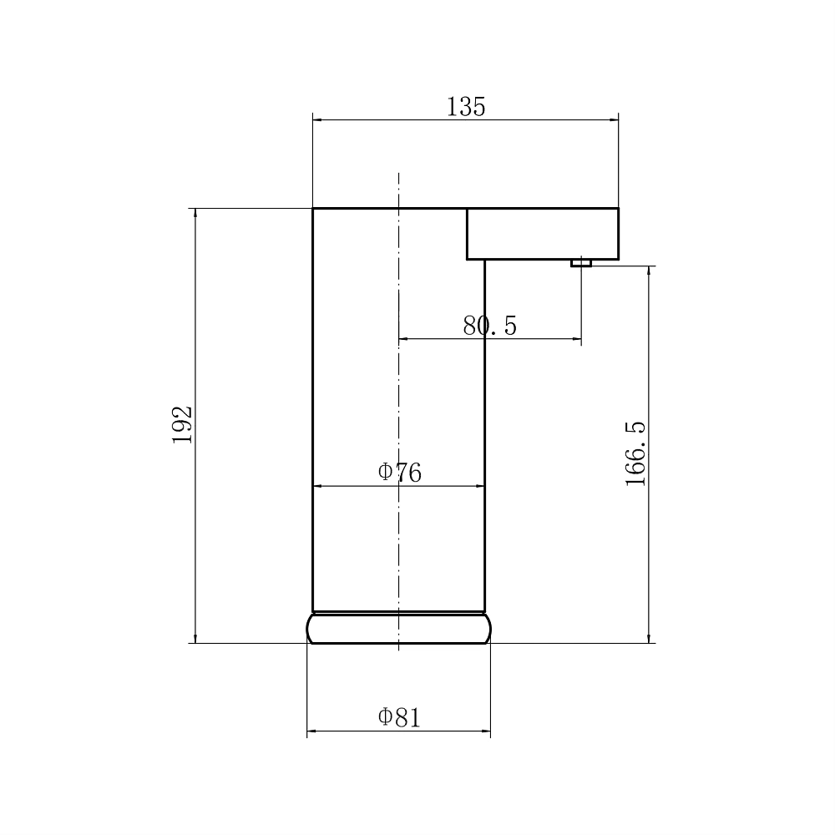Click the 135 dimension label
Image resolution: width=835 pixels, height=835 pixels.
click(466, 107)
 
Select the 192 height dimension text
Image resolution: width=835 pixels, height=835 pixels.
click(182, 424)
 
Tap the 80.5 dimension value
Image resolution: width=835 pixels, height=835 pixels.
click(489, 326)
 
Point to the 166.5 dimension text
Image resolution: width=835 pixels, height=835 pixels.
click(635, 453)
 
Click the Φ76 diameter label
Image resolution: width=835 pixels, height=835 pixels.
click(399, 473)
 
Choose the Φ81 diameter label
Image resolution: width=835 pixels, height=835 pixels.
click(399, 717)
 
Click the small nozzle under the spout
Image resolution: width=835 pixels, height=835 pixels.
click(581, 262)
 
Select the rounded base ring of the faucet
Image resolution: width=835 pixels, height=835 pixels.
click(399, 629)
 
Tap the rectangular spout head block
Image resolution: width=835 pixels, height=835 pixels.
click(543, 234)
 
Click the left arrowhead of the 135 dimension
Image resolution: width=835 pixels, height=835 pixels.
click(317, 119)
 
